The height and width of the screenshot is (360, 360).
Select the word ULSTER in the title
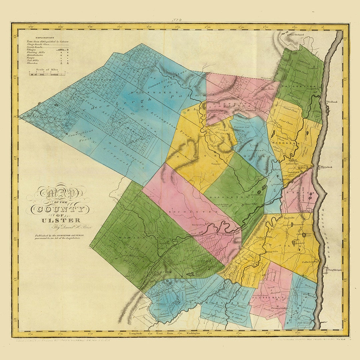tap(61, 220)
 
